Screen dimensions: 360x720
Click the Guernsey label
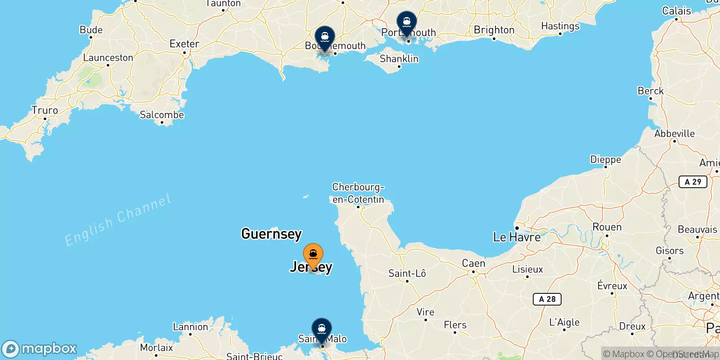coord(271,234)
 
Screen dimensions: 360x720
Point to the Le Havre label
coord(517,237)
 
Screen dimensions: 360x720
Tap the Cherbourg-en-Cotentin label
coord(358,193)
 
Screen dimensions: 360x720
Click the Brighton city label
coord(494,30)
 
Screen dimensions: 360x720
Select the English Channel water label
coord(118,220)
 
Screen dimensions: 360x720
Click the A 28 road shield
coord(547,299)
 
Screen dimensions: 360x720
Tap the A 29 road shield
coord(693,182)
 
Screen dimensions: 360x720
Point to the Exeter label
coord(184,44)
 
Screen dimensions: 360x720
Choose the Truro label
coord(45,111)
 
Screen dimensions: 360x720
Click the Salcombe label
coord(162,115)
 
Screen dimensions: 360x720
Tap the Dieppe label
coord(605,160)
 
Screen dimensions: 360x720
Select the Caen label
coord(473,263)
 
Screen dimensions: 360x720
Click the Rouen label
coord(607,227)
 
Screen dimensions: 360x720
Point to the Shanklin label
coord(399,59)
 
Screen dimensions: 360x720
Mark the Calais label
coord(676,11)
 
